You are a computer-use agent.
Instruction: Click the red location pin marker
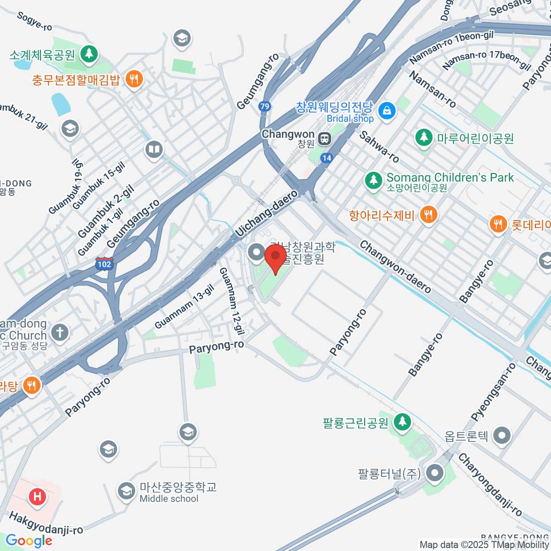(275, 257)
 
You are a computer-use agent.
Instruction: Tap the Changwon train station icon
(325, 139)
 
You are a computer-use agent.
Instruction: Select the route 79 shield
(264, 107)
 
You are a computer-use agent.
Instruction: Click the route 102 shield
(104, 264)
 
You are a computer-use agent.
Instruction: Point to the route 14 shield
(326, 158)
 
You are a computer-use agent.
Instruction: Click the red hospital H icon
(37, 496)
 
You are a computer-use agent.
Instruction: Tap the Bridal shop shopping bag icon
(387, 111)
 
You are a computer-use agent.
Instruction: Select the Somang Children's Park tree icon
(374, 180)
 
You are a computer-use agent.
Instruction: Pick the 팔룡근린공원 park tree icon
(402, 422)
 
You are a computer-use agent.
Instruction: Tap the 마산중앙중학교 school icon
(126, 491)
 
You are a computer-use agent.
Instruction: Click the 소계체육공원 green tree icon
(89, 54)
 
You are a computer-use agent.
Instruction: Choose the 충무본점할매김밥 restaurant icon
(134, 79)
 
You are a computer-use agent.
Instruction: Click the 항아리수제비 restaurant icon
(428, 214)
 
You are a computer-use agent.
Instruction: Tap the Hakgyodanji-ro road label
(46, 524)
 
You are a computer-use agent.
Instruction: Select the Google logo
(29, 541)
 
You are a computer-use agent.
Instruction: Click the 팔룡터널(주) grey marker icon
(434, 472)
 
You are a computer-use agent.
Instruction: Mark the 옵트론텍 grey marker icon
(501, 435)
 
